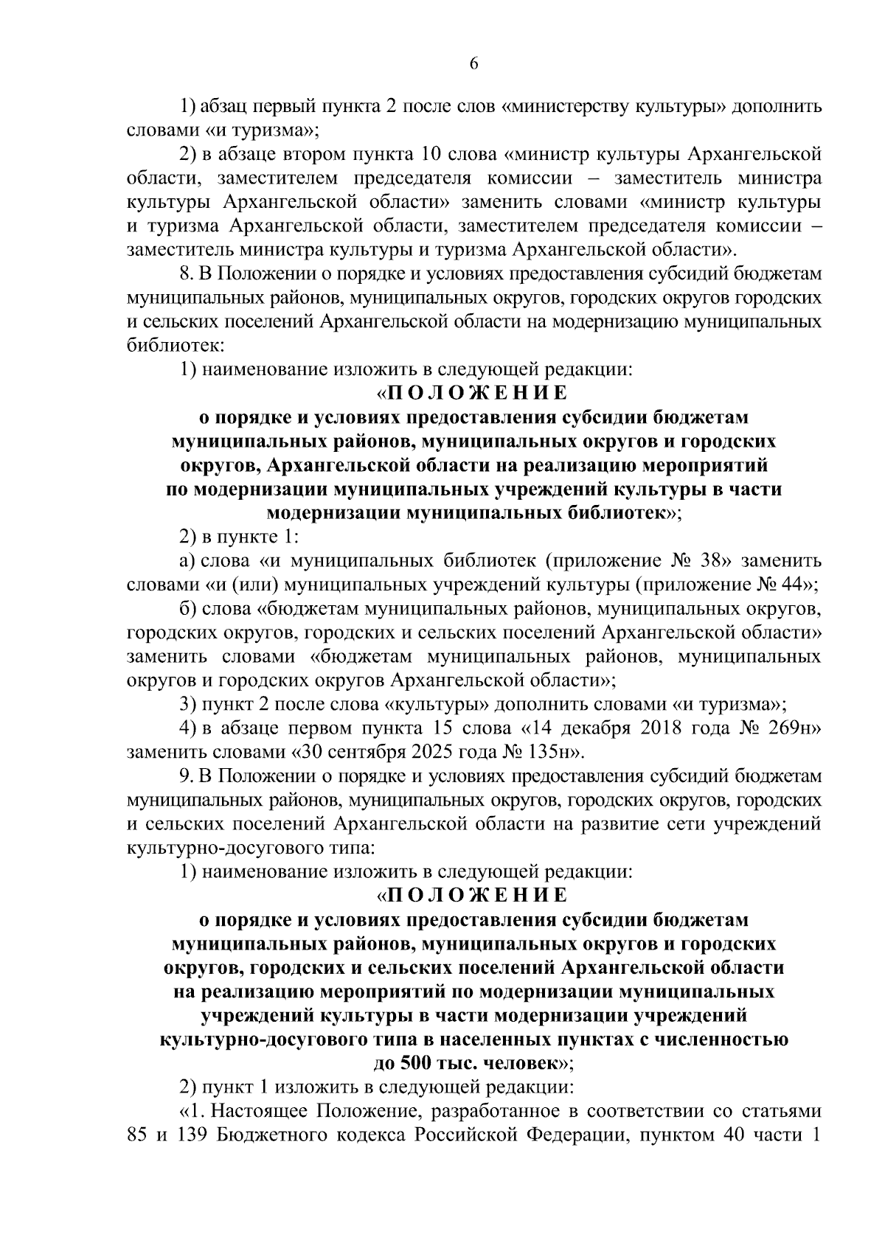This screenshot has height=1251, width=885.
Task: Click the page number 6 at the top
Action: (474, 64)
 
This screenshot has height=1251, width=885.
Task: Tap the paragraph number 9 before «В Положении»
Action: (185, 776)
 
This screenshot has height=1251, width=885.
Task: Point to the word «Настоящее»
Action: (262, 1111)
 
